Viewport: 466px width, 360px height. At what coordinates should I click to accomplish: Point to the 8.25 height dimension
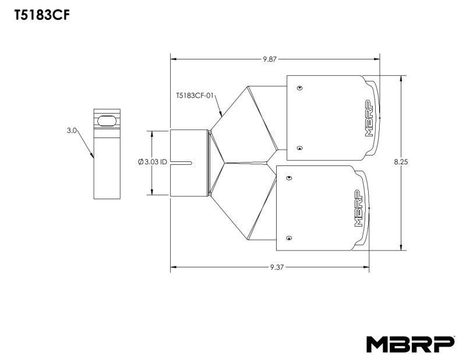pyautogui.click(x=401, y=163)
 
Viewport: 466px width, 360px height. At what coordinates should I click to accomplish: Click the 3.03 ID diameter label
pyautogui.click(x=153, y=163)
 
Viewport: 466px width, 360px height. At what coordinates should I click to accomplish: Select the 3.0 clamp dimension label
pyautogui.click(x=72, y=132)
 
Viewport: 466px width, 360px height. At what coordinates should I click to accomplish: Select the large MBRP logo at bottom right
pyautogui.click(x=410, y=344)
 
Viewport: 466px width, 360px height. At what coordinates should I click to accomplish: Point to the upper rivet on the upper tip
pyautogui.click(x=299, y=88)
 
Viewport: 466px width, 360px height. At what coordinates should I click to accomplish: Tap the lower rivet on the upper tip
pyautogui.click(x=299, y=147)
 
